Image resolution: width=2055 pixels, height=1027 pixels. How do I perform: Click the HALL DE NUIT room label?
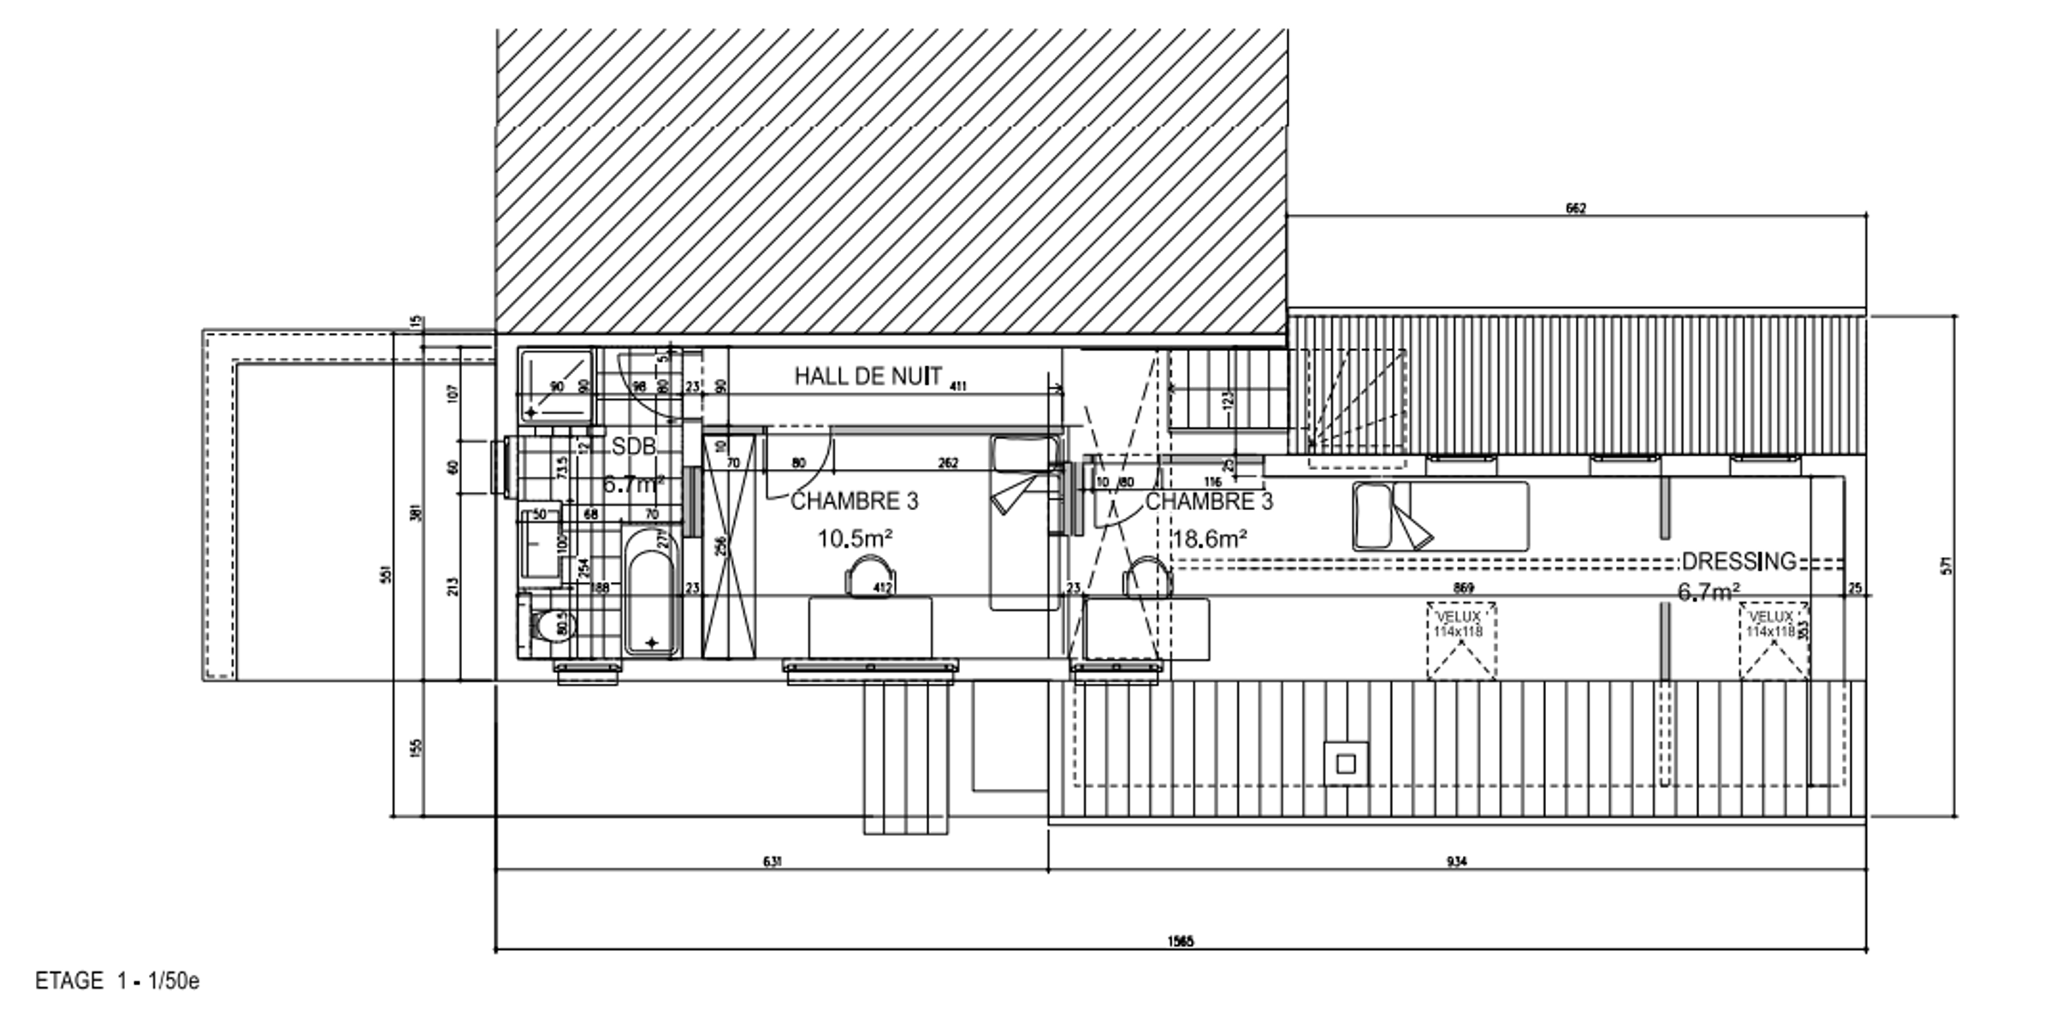[868, 376]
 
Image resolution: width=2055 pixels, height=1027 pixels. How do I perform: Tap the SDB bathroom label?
[634, 446]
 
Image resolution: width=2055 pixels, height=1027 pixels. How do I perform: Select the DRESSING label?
[1738, 561]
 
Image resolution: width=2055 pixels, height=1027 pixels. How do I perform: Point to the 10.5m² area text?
[855, 539]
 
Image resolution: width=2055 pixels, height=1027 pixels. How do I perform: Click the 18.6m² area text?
[1209, 539]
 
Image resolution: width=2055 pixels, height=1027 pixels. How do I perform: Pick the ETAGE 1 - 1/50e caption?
[117, 981]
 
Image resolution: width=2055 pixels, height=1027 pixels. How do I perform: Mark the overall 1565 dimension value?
[1180, 942]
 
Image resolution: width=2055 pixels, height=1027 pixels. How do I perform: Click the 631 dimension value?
[772, 862]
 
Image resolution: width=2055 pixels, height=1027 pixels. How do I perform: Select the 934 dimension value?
[1456, 862]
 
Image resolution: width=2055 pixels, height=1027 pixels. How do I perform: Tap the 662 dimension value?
[1576, 208]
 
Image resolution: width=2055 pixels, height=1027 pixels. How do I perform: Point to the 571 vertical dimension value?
[1948, 566]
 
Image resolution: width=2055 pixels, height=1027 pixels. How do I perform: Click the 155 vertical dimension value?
[417, 748]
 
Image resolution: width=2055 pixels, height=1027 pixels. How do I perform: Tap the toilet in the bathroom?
[544, 626]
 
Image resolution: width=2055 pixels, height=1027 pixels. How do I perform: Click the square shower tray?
[556, 385]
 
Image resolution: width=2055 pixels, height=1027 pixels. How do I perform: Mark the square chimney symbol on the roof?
[1346, 763]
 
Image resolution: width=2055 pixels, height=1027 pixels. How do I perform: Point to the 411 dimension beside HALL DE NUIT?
[957, 387]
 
